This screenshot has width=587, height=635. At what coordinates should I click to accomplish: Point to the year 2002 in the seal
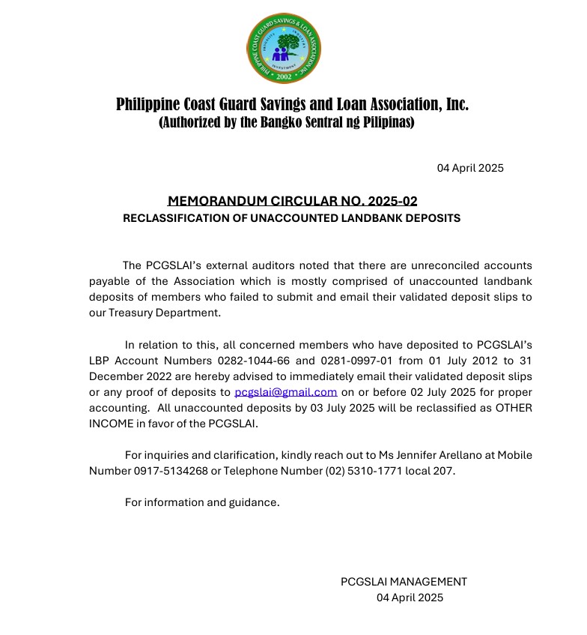(284, 76)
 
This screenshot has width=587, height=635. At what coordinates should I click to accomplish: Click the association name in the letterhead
(292, 104)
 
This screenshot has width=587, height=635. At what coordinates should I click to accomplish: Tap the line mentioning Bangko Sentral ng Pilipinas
(286, 121)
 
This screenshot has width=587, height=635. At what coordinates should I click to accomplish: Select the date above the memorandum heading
(470, 168)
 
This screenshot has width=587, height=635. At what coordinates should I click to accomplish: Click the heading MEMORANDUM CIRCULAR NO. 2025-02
(292, 201)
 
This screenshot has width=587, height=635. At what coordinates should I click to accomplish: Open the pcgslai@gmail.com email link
(285, 392)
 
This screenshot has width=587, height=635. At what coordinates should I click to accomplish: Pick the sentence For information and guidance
(202, 502)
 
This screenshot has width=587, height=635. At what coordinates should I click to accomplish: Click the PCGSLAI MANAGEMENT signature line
(404, 582)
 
